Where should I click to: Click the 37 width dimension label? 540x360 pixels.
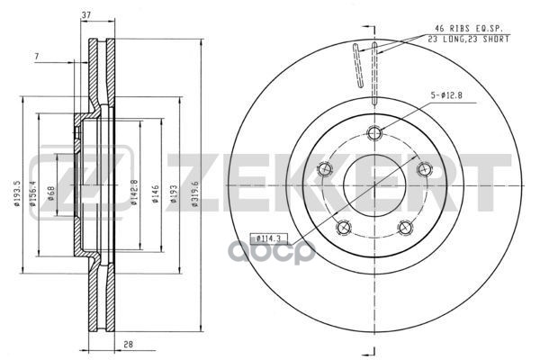coord(86,15)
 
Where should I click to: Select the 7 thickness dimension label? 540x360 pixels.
coord(37,56)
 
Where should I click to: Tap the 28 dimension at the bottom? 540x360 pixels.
coord(128,344)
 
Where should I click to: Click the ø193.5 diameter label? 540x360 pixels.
coord(18,193)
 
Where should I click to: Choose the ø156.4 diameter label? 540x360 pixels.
coord(32,193)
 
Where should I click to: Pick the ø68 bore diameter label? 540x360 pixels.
coord(51,193)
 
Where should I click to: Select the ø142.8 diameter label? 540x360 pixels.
coord(134,193)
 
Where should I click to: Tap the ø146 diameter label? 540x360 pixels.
coord(156,194)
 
